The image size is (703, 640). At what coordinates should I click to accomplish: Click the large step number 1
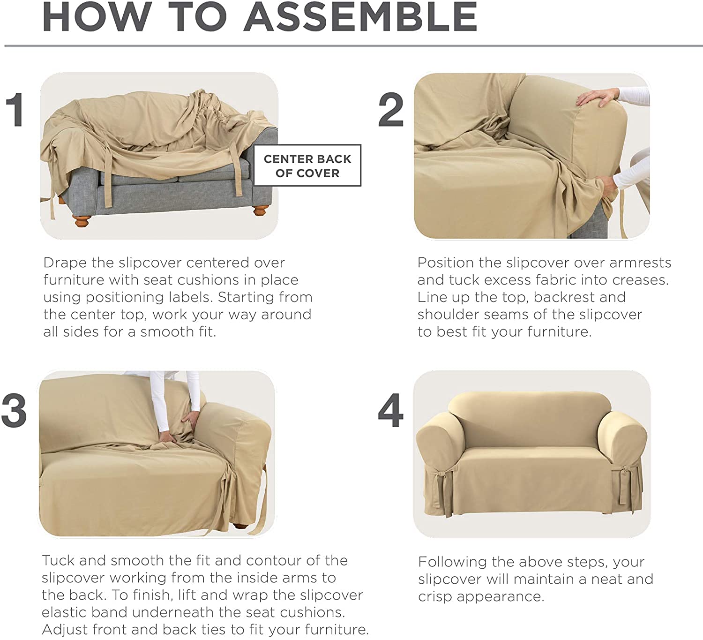(15, 109)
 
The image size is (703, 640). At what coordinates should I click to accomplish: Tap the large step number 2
(391, 109)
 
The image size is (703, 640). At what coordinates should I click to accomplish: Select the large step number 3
(14, 410)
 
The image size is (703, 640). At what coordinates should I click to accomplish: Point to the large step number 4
(391, 410)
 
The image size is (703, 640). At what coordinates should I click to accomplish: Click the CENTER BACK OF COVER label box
(307, 165)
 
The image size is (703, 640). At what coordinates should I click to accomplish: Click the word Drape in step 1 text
(65, 263)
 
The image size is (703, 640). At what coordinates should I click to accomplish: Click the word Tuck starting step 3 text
(58, 560)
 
